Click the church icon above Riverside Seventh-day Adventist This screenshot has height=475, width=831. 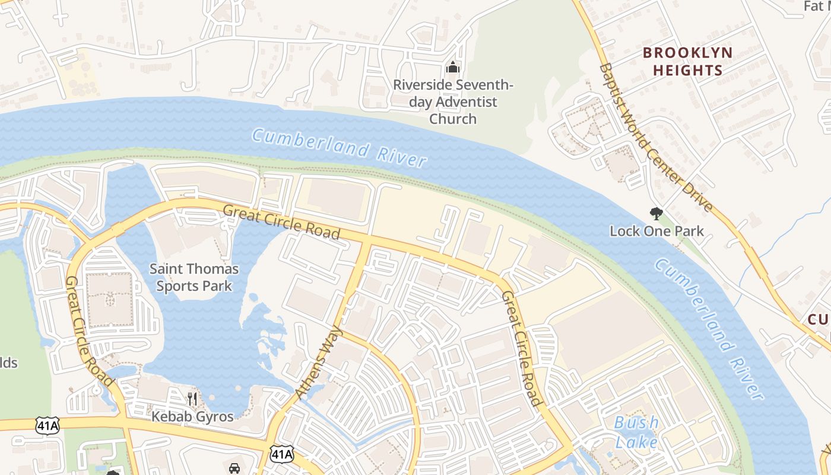453,67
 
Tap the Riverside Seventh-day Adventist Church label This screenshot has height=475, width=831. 453,102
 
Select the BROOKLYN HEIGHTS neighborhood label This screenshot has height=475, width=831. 688,61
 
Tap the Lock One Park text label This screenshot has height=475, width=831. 656,231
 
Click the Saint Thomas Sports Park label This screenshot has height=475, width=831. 194,277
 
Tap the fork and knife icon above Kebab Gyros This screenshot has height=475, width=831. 192,398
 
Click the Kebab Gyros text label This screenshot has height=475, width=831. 192,416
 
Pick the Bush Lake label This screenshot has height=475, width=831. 636,432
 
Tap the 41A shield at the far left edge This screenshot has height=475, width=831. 47,425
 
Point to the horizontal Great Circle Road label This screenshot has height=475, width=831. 281,221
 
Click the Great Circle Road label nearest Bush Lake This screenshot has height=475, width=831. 522,349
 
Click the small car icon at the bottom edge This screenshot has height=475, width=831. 234,468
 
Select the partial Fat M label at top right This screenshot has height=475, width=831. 817,6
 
